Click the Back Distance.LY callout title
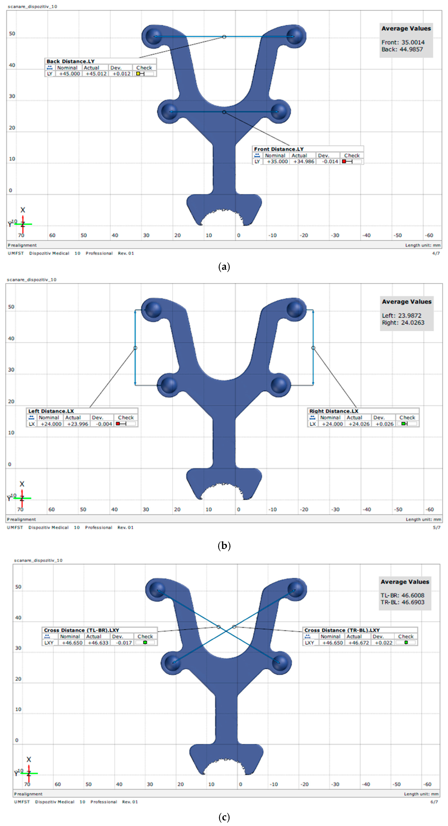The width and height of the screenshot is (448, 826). (71, 61)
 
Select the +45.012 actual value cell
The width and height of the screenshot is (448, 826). (96, 74)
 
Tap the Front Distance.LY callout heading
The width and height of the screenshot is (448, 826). (278, 149)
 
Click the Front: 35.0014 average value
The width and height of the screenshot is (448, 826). (403, 42)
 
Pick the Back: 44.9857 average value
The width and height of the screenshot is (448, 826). (402, 49)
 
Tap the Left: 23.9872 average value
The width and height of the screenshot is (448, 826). (402, 315)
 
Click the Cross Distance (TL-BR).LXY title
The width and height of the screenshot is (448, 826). (81, 630)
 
